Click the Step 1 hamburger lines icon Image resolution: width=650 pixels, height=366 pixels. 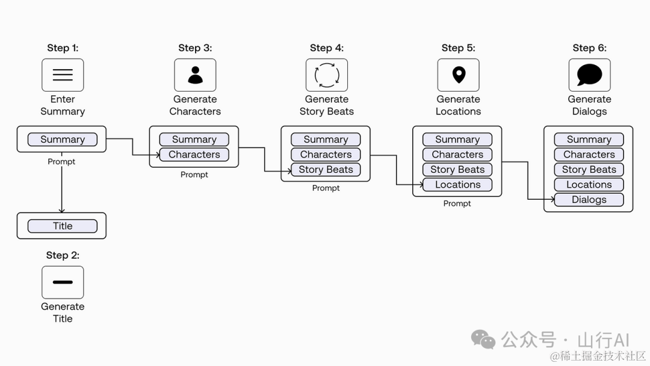[x=63, y=75]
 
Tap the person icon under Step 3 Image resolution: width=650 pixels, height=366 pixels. [x=195, y=75]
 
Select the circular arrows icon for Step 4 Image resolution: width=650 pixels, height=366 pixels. [x=327, y=75]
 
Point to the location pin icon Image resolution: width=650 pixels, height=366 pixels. [x=459, y=75]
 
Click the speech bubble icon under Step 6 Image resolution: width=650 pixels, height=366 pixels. [x=589, y=75]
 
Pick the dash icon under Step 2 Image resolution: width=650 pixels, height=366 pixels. [x=63, y=282]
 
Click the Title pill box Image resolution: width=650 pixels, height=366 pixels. [x=63, y=226]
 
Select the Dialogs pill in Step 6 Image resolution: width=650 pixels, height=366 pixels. [x=589, y=199]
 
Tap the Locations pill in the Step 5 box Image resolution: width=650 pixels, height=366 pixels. [x=457, y=184]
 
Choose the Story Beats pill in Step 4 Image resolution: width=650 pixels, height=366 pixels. [x=326, y=170]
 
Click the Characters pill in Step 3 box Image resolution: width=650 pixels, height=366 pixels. [x=194, y=154]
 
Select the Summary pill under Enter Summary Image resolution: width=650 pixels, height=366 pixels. [x=63, y=139]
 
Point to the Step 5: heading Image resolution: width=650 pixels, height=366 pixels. [x=458, y=48]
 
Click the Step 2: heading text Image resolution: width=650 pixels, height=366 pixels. [x=63, y=255]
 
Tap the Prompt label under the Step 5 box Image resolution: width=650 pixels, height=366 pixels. [x=457, y=203]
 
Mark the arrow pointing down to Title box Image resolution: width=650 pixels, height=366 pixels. [x=62, y=183]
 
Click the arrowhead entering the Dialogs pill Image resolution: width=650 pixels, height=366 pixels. [x=552, y=199]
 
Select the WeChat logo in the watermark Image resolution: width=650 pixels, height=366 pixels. [x=483, y=339]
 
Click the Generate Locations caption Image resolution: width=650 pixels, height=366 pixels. [x=458, y=105]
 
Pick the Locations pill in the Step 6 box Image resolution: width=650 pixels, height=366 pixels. [x=589, y=184]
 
